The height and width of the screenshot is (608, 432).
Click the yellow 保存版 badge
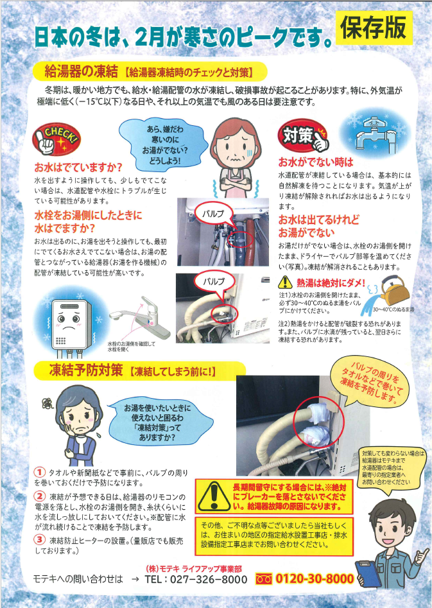click(x=374, y=28)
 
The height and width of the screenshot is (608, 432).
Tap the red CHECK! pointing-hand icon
click(x=56, y=139)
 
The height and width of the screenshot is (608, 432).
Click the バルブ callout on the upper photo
click(x=213, y=213)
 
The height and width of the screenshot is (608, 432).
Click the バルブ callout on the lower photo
click(x=214, y=281)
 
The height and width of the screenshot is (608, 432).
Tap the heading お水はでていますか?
click(x=78, y=167)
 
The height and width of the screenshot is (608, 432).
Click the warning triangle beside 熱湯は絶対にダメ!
click(x=286, y=282)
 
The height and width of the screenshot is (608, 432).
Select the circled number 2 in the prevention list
click(x=40, y=496)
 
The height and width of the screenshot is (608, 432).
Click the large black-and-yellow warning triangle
click(x=213, y=497)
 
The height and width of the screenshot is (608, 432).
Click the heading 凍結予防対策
click(x=86, y=370)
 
